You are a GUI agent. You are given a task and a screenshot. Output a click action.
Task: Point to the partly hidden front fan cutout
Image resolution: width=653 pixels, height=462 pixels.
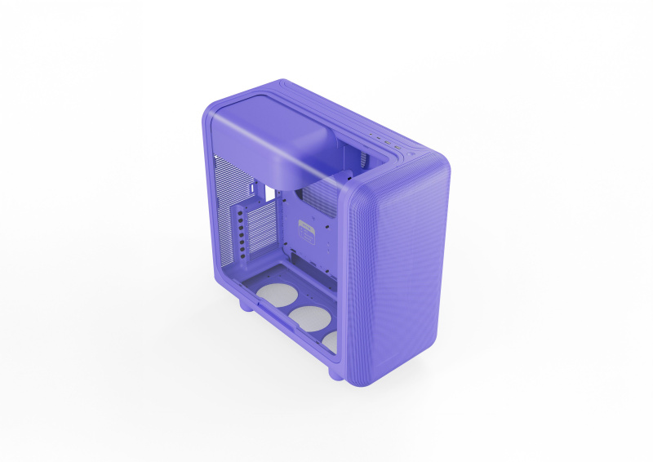(330, 340)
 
